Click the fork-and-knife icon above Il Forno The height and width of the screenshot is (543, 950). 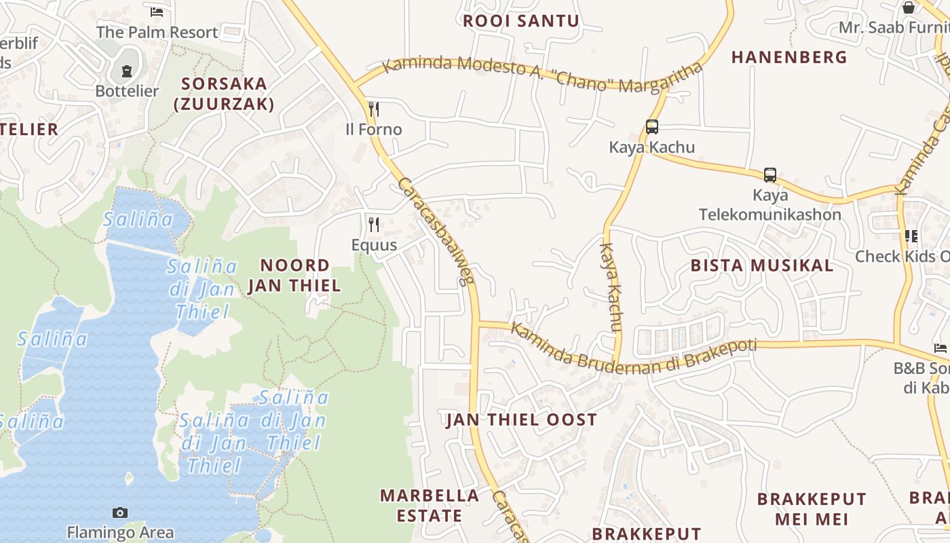(x=373, y=109)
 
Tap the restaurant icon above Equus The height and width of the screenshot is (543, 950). (x=373, y=224)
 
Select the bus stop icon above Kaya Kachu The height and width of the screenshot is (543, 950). (x=652, y=127)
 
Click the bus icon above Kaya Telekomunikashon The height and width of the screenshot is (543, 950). (x=769, y=175)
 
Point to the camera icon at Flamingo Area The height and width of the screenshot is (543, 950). (x=120, y=512)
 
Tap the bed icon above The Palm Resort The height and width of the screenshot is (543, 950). (x=157, y=12)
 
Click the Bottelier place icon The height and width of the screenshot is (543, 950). (x=127, y=71)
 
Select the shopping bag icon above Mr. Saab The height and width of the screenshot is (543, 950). (x=908, y=7)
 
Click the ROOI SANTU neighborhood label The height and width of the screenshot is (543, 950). (x=520, y=21)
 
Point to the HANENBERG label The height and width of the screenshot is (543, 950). (x=789, y=58)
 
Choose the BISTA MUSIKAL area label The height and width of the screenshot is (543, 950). (x=762, y=265)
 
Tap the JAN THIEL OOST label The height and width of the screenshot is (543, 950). (x=521, y=420)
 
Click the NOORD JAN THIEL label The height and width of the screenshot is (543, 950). (x=294, y=275)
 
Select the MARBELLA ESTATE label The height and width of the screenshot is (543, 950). (x=430, y=506)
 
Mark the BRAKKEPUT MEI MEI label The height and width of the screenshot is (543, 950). (x=812, y=509)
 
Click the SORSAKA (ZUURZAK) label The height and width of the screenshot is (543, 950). (x=224, y=94)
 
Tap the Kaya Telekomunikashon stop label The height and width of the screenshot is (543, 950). (x=770, y=205)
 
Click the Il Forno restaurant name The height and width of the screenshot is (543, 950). (x=374, y=130)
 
